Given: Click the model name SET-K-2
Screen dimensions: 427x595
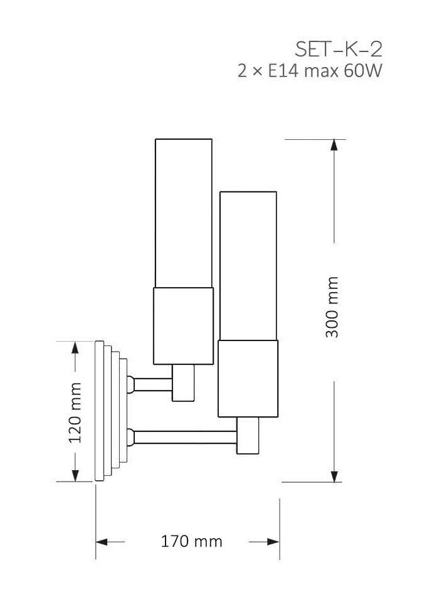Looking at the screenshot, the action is tap(338, 49).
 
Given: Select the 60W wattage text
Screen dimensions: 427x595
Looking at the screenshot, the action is tap(362, 71).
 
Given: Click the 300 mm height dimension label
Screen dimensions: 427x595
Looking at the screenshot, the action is tap(332, 307).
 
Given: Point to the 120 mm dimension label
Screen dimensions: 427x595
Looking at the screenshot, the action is tap(75, 413).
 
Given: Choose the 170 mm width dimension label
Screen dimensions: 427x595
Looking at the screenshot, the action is tap(192, 541).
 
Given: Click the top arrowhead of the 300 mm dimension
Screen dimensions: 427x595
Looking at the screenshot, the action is tap(334, 145).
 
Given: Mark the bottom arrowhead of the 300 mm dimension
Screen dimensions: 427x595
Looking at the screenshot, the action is tap(334, 477).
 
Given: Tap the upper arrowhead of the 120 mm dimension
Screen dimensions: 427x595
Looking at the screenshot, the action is tap(75, 347).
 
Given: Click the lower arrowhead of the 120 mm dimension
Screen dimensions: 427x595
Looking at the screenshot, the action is tap(75, 475).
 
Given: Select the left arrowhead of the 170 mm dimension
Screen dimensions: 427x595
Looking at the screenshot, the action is tap(102, 542).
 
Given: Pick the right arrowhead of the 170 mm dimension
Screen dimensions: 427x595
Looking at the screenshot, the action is tap(273, 542).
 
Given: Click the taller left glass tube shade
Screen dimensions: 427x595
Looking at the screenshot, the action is tap(184, 213).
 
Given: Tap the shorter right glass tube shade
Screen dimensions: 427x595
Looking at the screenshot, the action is tap(248, 266).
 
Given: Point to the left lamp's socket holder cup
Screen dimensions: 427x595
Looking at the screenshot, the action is tap(183, 326).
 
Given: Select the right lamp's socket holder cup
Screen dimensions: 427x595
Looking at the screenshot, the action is tap(248, 379).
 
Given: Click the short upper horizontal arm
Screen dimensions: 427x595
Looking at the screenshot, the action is tap(154, 384).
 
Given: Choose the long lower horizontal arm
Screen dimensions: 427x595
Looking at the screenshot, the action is tap(186, 437).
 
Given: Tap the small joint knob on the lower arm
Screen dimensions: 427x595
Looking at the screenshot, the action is tap(130, 437).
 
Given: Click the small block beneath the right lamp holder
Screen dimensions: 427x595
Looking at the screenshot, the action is tap(248, 436).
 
